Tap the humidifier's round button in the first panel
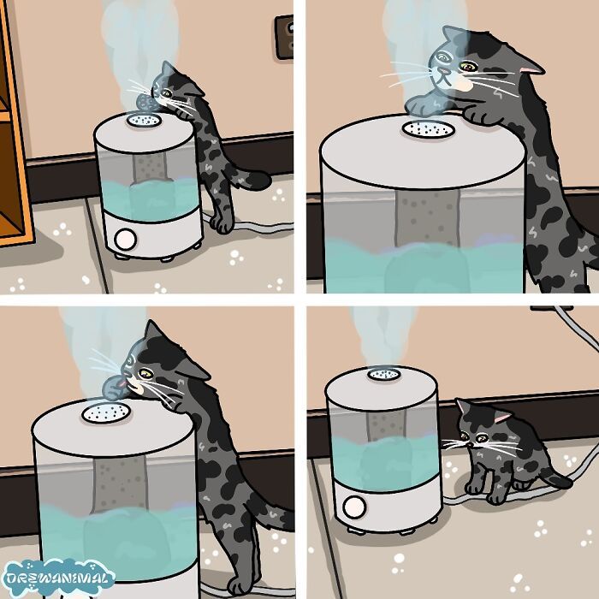pos(125,238)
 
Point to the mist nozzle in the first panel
pos(142,122)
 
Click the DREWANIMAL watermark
pos(57,578)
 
